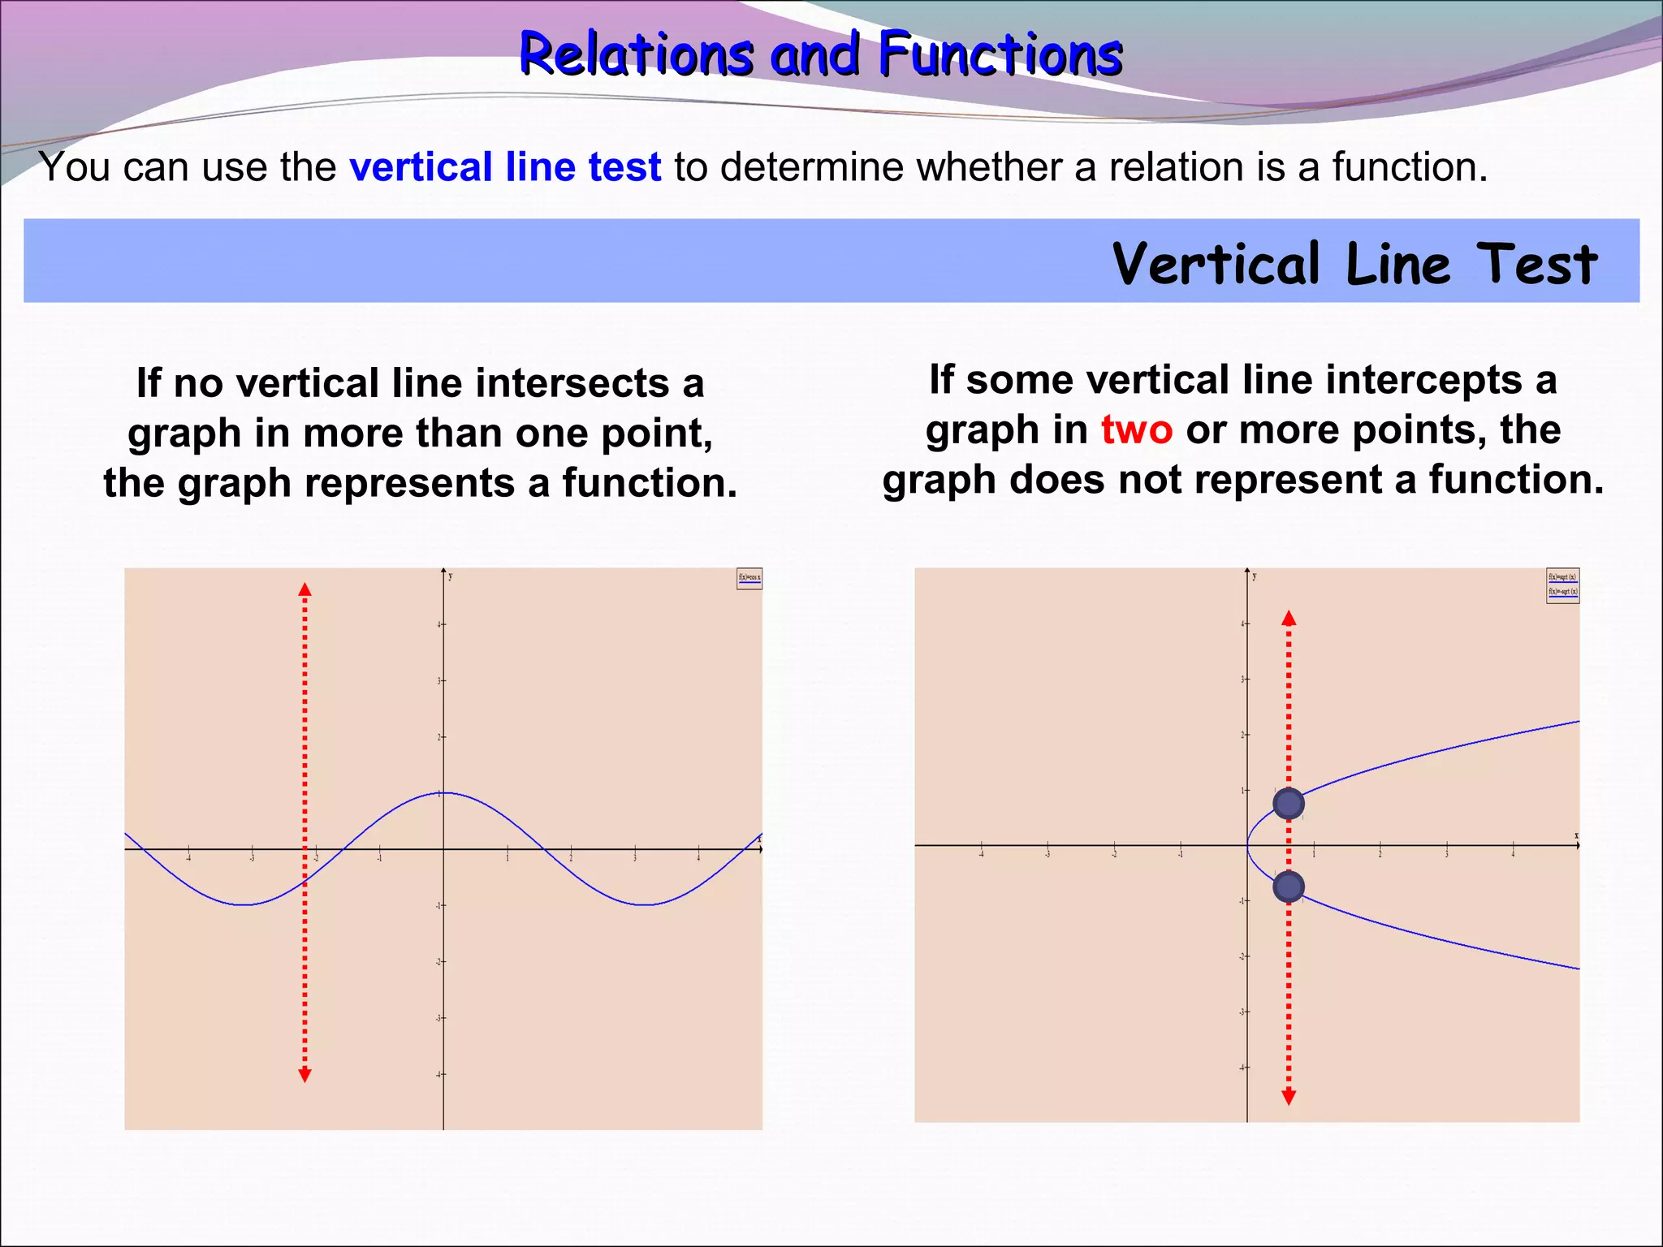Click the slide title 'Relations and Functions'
820,54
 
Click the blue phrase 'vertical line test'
505,167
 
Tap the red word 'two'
1136,429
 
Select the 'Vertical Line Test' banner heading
1354,264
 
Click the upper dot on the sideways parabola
1289,804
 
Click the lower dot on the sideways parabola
1289,887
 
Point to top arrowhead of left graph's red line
305,589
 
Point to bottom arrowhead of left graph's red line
305,1076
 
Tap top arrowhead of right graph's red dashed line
1289,619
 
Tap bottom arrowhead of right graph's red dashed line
1289,1098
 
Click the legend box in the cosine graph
749,579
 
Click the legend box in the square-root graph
1562,585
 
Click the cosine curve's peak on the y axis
443,792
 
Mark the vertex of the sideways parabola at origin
1248,846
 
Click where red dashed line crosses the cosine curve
305,882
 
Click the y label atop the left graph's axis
451,576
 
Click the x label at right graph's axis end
1576,835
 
